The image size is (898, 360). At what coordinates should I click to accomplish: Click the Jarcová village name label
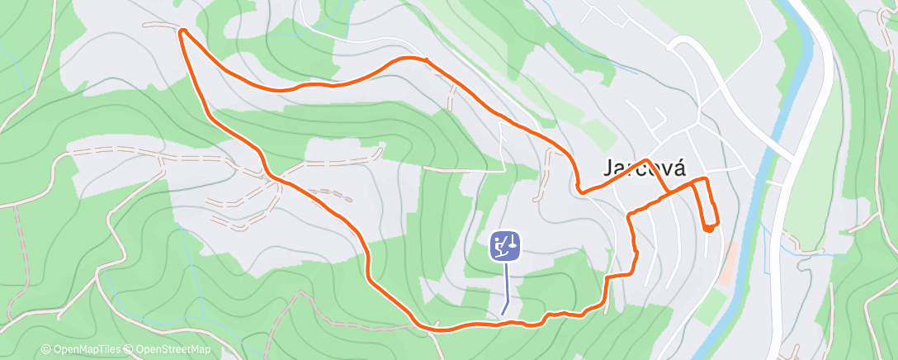point(645,168)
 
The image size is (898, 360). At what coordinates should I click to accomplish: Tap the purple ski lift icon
point(505,246)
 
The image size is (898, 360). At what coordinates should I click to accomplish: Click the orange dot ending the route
point(709,228)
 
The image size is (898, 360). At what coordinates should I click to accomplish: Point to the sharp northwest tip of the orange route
point(182,31)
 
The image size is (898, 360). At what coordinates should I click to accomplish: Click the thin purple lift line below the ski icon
point(506,289)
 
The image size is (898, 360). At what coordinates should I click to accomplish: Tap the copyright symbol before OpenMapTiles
point(46,350)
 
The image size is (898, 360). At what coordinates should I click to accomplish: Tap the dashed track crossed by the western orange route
point(273,177)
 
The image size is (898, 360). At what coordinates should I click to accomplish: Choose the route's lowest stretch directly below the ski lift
point(505,324)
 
